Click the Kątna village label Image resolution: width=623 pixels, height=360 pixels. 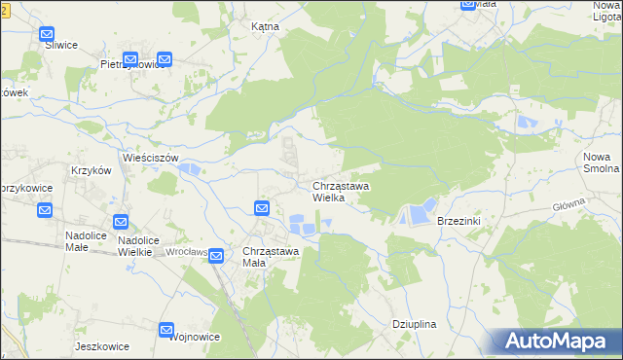pyautogui.click(x=265, y=27)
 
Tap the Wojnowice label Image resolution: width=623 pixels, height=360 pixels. pyautogui.click(x=194, y=336)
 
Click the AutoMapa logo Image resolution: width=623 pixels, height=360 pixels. pyautogui.click(x=558, y=341)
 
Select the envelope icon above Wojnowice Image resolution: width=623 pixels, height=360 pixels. pyautogui.click(x=166, y=331)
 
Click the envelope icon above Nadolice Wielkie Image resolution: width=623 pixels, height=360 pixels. pyautogui.click(x=121, y=223)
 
